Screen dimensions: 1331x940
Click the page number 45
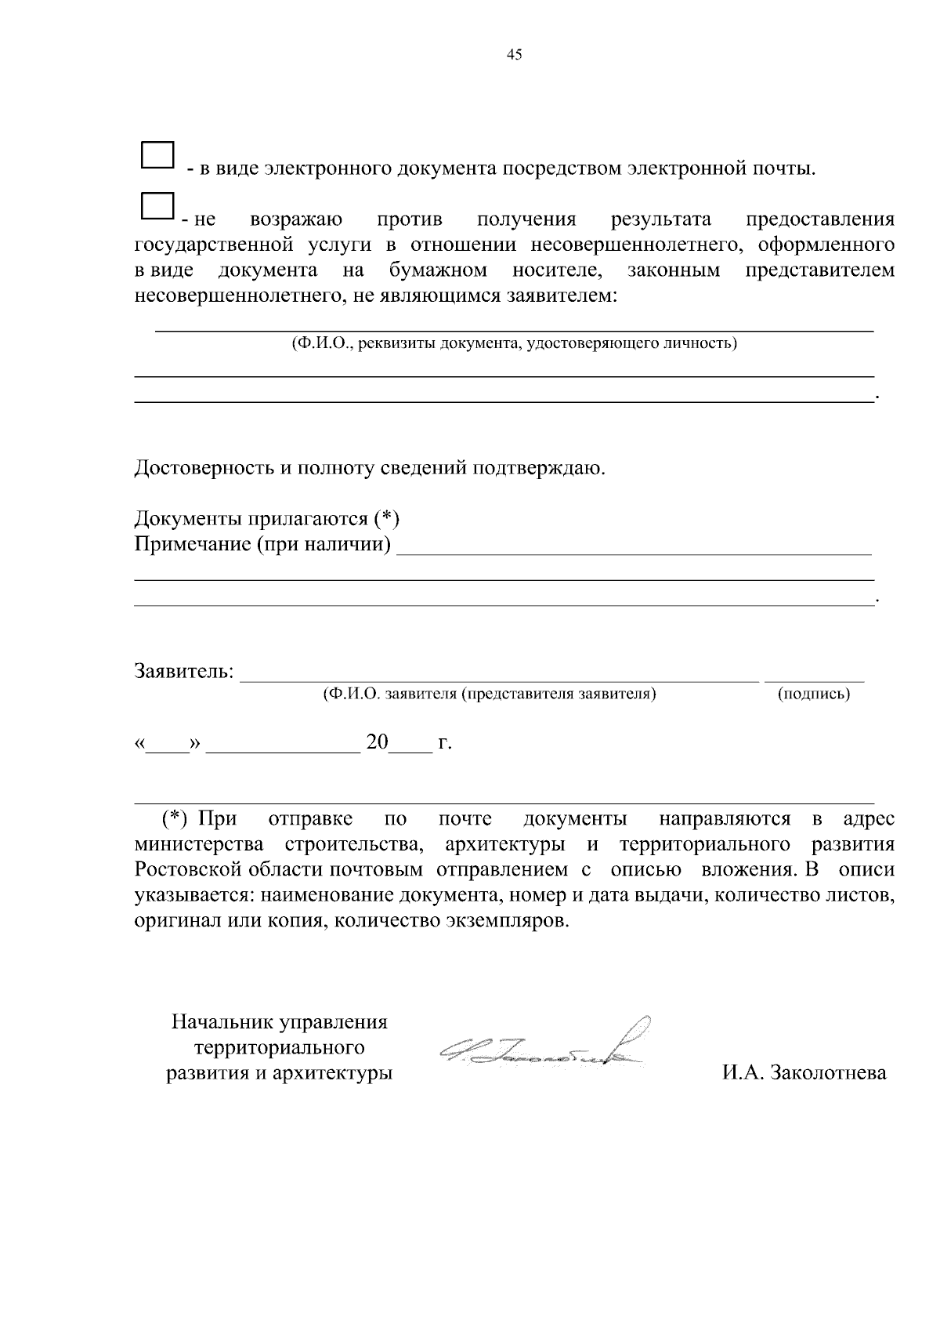coord(515,54)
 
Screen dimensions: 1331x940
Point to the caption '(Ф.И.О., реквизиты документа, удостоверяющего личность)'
coord(514,343)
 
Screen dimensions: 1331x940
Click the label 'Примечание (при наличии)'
coord(263,543)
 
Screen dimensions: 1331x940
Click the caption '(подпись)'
coord(814,694)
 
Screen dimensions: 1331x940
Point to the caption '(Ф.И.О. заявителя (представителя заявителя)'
coord(489,694)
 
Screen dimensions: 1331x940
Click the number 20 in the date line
coord(378,742)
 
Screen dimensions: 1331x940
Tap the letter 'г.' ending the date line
coord(445,742)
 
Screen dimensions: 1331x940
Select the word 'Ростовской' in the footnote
coord(189,869)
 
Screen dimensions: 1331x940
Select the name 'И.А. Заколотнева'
coord(804,1072)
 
